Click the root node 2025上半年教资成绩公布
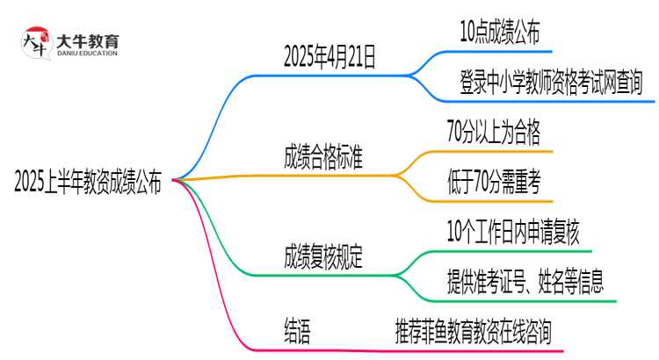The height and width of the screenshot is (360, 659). coord(88,184)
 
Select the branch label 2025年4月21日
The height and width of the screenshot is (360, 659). coord(329,59)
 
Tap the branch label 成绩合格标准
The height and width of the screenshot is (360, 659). coord(324,159)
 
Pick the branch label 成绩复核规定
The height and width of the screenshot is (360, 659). coord(324,257)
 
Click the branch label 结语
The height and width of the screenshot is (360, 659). coord(297,332)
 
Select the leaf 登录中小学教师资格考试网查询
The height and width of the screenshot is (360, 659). coord(551,83)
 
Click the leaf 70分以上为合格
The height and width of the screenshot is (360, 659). coord(493,133)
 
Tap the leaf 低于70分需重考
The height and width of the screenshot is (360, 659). coord(493,184)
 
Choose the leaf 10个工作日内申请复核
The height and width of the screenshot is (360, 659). coord(513,233)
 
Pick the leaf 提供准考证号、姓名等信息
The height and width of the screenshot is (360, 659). coord(525,283)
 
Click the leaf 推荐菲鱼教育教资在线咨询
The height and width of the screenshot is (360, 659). coord(474,332)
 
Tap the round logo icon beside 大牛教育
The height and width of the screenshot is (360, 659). coord(36,44)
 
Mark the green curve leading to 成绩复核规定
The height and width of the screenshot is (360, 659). coord(215,237)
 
